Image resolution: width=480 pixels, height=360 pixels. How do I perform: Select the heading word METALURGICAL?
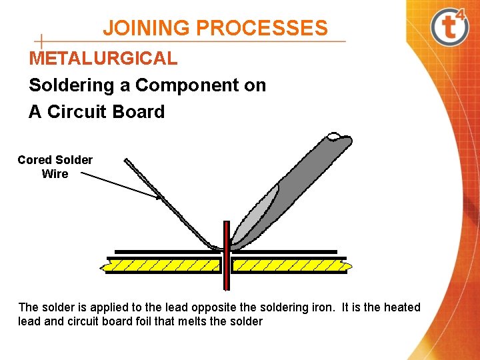pyautogui.click(x=103, y=58)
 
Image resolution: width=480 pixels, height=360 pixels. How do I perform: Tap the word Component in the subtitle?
pyautogui.click(x=189, y=85)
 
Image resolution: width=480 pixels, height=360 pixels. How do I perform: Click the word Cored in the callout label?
pyautogui.click(x=35, y=160)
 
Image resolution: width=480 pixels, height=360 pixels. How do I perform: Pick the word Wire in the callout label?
pyautogui.click(x=55, y=174)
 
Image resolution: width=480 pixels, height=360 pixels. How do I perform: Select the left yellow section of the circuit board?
pyautogui.click(x=163, y=266)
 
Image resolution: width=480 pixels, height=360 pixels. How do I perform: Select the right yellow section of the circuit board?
pyautogui.click(x=290, y=266)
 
